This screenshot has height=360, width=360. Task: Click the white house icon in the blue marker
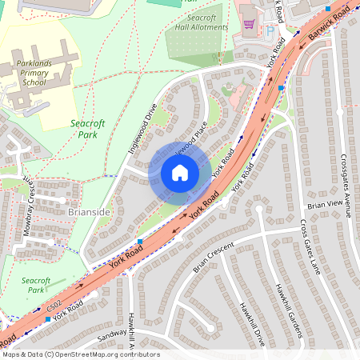[x=180, y=173]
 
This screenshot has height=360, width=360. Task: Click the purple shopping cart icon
[x=248, y=24]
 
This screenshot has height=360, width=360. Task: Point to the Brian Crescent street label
[x=215, y=256]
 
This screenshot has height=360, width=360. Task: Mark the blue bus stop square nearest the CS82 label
[x=47, y=319]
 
